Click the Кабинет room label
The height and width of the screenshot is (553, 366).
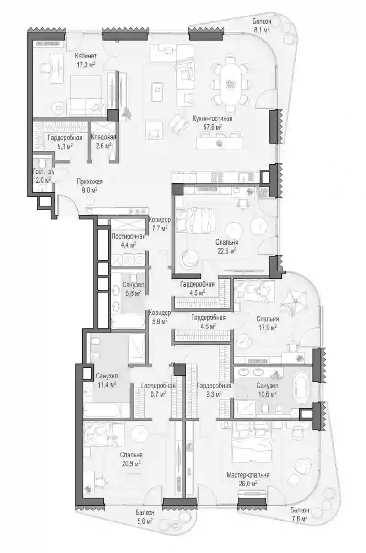tap(86, 56)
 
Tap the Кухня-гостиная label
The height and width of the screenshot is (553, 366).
tap(213, 118)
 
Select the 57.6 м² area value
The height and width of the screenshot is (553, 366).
tap(213, 127)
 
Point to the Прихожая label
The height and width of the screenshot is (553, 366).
tap(90, 181)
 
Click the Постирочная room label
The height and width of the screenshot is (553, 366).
tap(128, 236)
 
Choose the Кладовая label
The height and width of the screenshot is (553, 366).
tap(103, 137)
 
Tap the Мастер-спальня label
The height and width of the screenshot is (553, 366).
tap(248, 475)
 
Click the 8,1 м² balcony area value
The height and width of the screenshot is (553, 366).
tap(262, 30)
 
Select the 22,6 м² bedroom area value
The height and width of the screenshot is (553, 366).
tap(226, 251)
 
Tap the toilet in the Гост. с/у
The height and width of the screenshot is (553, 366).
tap(42, 164)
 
